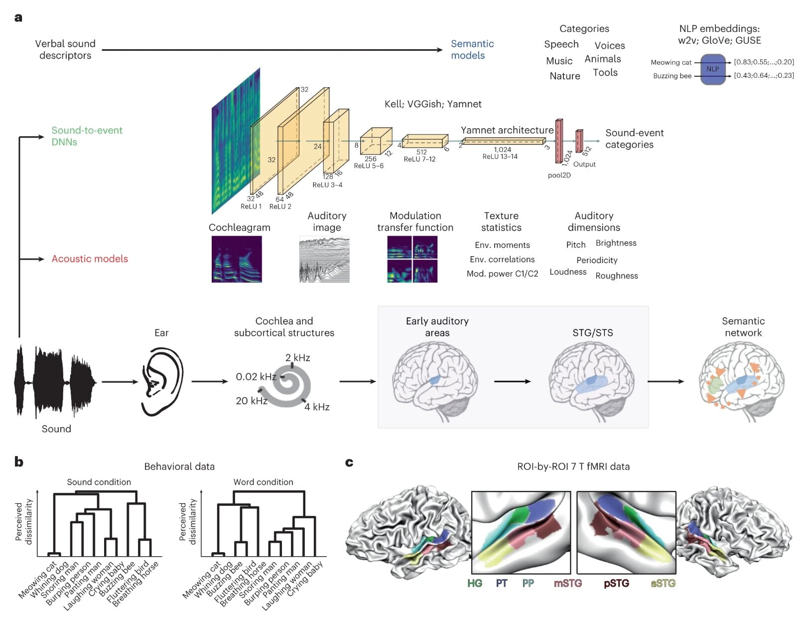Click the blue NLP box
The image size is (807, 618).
pos(712,69)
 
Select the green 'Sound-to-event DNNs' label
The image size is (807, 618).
pos(87,136)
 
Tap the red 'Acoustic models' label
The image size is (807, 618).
pos(90,259)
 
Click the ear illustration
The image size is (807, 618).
pos(161,381)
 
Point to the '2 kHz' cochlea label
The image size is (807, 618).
pos(298,358)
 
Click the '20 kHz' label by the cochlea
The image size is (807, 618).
pos(252,401)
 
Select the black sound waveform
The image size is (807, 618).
pos(55,381)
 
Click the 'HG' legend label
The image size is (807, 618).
pos(475,583)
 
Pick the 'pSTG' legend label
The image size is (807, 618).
pos(616,583)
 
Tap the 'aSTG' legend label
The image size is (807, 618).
pos(663,583)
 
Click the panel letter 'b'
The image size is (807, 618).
pos(19,462)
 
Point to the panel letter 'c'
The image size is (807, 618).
pos(349,463)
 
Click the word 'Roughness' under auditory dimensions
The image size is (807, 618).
pos(617,276)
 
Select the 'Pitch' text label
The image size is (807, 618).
pos(576,245)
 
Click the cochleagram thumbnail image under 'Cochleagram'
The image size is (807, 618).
pos(237,259)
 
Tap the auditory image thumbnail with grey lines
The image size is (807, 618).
pos(324,259)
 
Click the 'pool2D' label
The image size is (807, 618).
pos(559,175)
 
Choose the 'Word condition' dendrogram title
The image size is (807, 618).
pos(263,482)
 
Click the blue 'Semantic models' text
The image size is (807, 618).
pos(472,49)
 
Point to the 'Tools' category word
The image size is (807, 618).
pos(605,72)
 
